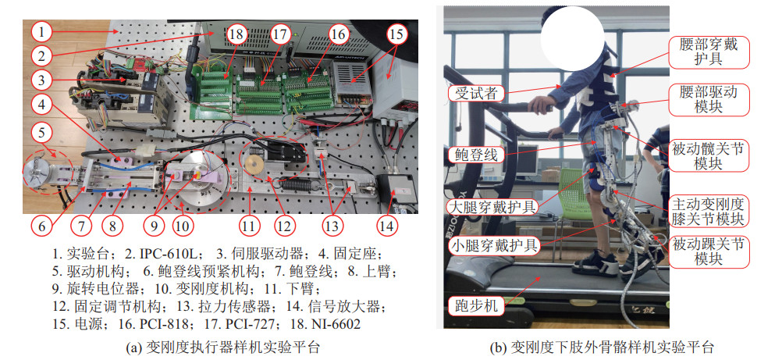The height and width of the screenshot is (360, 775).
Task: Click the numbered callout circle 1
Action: point(43,32)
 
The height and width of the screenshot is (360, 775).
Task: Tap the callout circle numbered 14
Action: point(386,226)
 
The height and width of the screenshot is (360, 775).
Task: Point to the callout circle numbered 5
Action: point(43,133)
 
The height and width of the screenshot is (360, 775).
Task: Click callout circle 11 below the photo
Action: point(249,226)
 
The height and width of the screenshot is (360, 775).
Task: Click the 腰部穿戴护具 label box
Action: point(709,52)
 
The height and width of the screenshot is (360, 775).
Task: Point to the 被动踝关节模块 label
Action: point(709,251)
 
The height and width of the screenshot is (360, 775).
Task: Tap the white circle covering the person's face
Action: point(572,38)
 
